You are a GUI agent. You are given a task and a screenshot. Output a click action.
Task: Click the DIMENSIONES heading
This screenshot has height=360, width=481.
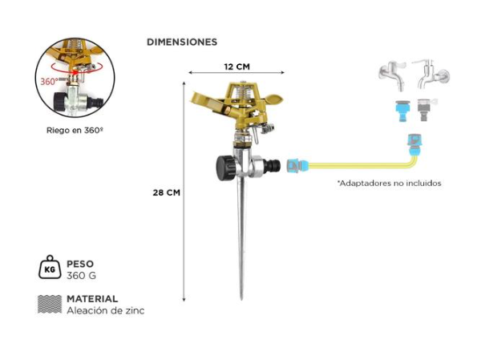[182, 42]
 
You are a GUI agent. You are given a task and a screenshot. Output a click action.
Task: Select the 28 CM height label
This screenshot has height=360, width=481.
[167, 192]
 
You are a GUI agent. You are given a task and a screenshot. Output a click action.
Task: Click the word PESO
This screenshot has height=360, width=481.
[80, 264]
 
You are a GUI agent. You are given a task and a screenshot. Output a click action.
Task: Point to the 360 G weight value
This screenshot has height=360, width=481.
[82, 276]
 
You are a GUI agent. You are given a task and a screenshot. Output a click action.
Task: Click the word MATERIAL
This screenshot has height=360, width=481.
[92, 298]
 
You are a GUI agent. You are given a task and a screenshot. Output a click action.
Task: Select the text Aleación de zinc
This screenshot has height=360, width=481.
[106, 310]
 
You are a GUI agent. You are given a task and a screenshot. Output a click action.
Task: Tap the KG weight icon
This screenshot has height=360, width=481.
[49, 269]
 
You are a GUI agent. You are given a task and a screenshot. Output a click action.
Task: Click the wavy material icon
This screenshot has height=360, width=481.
[49, 304]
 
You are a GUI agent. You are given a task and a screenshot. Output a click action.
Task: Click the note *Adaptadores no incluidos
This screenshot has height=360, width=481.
[389, 183]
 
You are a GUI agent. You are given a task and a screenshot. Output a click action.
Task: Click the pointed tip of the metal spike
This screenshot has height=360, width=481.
[240, 297]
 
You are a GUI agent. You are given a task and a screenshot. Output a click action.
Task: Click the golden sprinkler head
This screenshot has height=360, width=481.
[238, 101]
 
